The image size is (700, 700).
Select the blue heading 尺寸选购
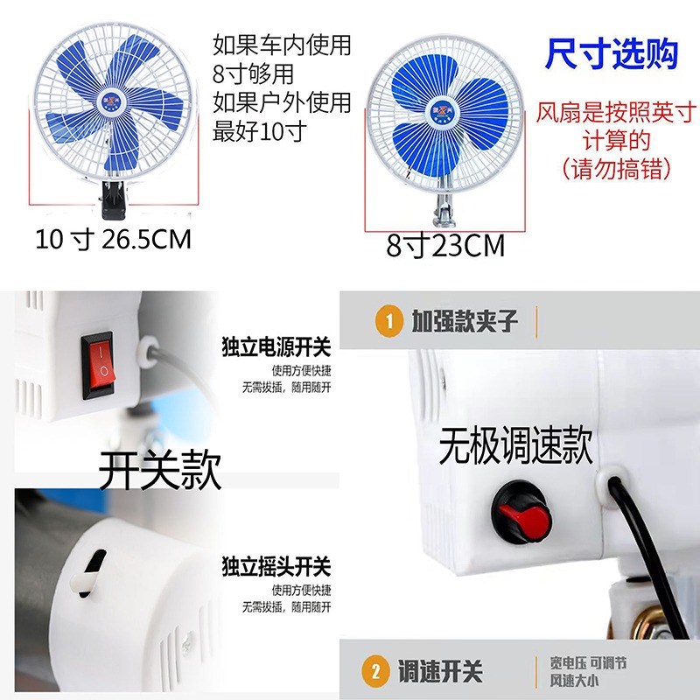point(612,54)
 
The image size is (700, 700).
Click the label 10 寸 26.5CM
point(113,239)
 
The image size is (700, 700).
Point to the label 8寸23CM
point(445,246)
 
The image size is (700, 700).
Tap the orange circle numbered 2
point(376,672)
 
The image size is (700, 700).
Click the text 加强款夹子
point(465,321)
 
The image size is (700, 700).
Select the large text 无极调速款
point(515,446)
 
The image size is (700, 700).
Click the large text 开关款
point(159,472)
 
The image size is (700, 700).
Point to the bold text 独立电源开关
point(276,348)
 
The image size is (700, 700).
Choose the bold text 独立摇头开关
point(276,568)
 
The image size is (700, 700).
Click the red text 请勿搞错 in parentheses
point(612,167)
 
